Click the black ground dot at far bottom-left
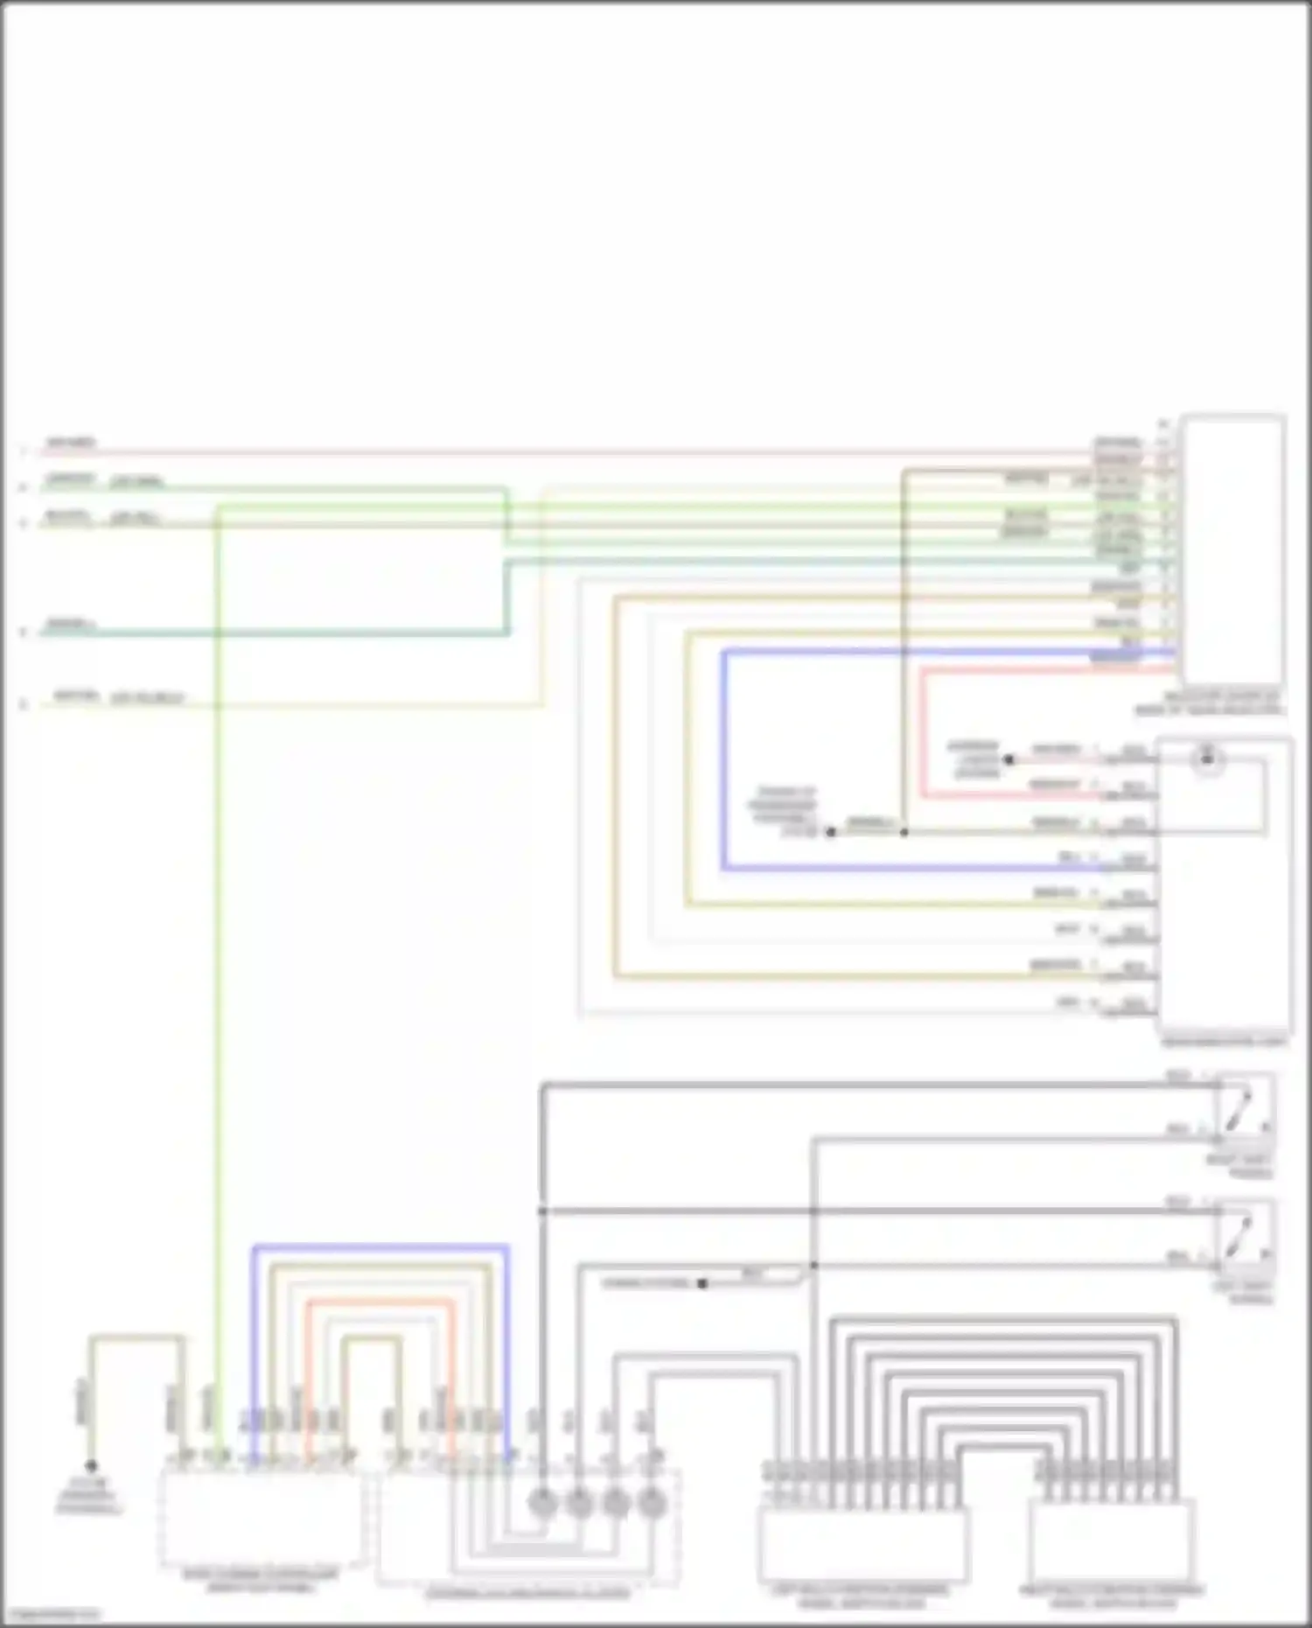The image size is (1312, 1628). point(91,1465)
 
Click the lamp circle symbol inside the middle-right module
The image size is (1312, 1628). point(1208,758)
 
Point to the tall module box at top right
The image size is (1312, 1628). point(1232,551)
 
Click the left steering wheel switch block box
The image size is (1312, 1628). point(862,1544)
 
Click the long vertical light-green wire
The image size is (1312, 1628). point(218,962)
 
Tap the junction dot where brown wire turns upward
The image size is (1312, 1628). point(904,832)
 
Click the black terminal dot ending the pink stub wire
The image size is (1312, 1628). point(1008,760)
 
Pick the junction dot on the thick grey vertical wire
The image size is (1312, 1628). point(542,1211)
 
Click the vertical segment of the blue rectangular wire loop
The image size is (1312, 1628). point(724,761)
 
